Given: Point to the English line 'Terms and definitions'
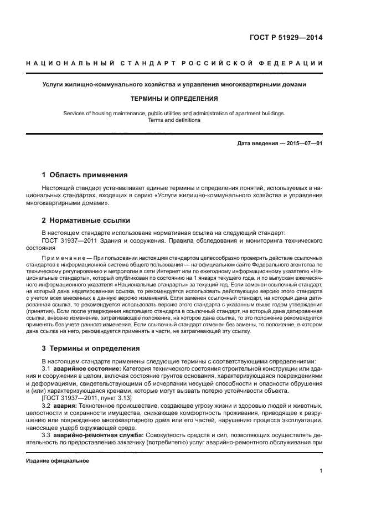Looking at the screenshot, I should [174, 120].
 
